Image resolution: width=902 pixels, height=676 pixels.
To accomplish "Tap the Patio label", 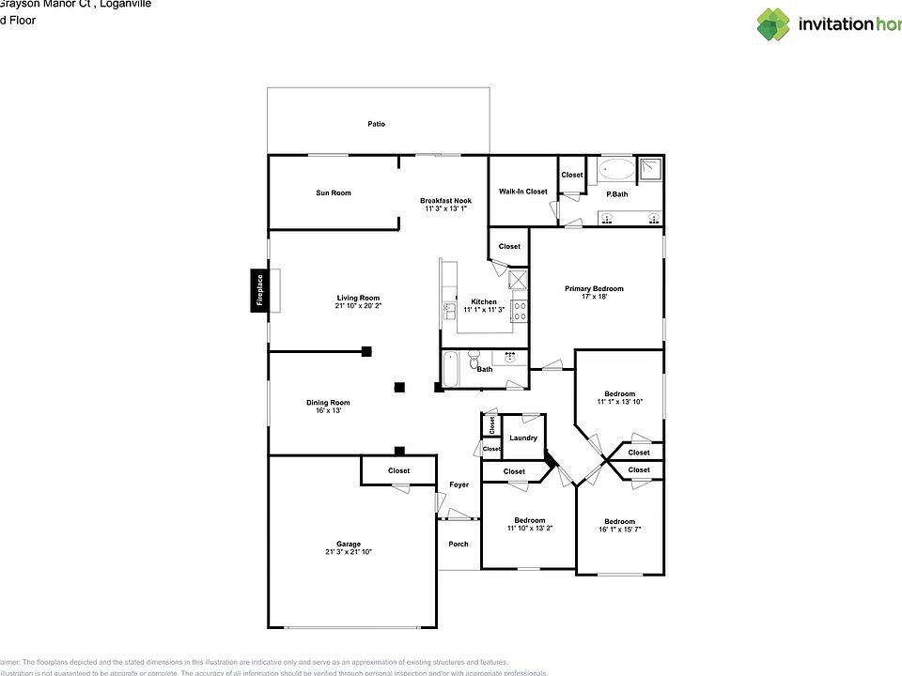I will tap(376, 124).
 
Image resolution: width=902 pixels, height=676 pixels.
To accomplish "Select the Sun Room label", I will tap(334, 193).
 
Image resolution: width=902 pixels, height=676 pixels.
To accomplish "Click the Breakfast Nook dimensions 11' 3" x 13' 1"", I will tap(445, 208).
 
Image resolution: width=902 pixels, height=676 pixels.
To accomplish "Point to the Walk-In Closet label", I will tap(522, 192).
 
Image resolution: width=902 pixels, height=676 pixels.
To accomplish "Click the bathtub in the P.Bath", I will tap(617, 170).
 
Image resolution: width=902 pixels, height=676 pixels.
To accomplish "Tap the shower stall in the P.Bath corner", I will tap(651, 170).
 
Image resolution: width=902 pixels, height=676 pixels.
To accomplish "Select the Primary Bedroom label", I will tap(594, 289).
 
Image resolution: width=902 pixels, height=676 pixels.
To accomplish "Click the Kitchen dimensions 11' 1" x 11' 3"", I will tap(484, 310).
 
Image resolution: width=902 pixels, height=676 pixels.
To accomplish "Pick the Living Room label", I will tap(358, 298).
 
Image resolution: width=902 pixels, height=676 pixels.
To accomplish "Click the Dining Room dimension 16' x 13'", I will tap(328, 410).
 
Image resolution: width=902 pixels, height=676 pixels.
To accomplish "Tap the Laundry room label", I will tap(523, 438).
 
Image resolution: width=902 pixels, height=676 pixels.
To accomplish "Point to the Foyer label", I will tap(459, 484).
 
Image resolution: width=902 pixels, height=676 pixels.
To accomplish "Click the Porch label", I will tap(459, 545).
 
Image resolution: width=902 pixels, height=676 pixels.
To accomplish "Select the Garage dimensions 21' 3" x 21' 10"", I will tap(349, 551).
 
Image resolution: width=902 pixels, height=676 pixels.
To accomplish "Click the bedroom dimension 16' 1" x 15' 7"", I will tap(619, 529).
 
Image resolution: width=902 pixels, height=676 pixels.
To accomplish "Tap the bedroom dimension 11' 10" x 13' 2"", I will tap(529, 528).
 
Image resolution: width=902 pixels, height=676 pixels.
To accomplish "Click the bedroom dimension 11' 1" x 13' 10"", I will tap(619, 402).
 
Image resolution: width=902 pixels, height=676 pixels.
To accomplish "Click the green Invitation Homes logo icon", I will tap(774, 23).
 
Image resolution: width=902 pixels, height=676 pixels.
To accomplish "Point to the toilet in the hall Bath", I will tap(474, 361).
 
